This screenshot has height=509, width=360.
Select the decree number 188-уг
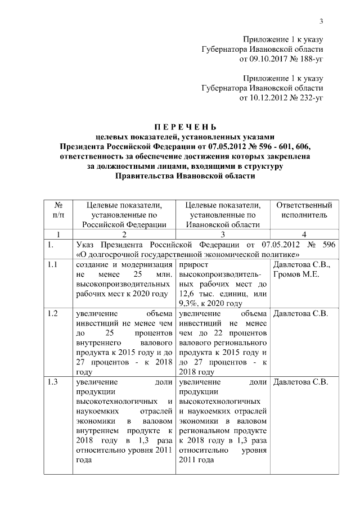(310, 58)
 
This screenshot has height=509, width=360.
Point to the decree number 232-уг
(310, 98)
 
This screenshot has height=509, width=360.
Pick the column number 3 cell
(222, 235)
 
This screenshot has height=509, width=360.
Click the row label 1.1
(53, 264)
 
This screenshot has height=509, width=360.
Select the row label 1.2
(53, 313)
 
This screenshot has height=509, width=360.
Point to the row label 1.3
(53, 382)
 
